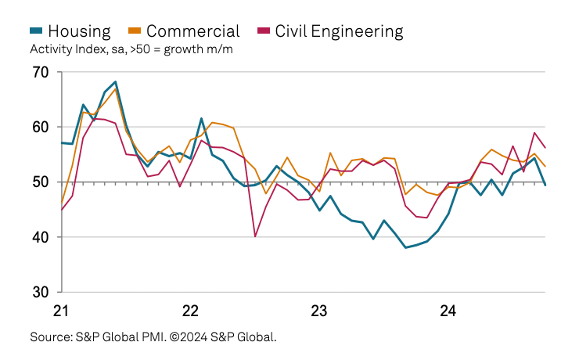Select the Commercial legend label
coord(192,31)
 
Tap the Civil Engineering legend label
coord(339,31)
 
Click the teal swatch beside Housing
coord(36,31)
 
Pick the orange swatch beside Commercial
coord(135,31)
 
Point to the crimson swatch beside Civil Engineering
coord(263,31)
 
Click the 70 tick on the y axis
coord(41,73)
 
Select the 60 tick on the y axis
coord(41,128)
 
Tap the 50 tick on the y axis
coord(41,182)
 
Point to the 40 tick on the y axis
coord(41,237)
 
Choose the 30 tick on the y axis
coord(41,292)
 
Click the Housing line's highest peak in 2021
coord(116,81)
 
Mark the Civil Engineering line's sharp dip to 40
coord(255,236)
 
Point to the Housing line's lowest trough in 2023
coord(405,247)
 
